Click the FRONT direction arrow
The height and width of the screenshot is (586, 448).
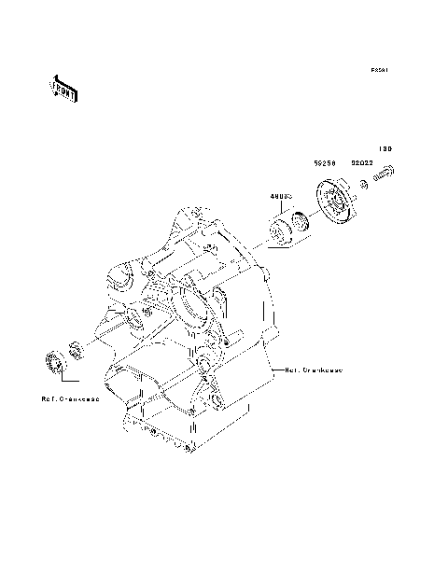coord(63,89)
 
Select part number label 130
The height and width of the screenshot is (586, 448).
coord(385,147)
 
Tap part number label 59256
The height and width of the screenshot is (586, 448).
coord(325,162)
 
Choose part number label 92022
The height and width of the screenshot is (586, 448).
coord(362,162)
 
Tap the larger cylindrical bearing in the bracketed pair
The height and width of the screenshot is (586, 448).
coord(277,230)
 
